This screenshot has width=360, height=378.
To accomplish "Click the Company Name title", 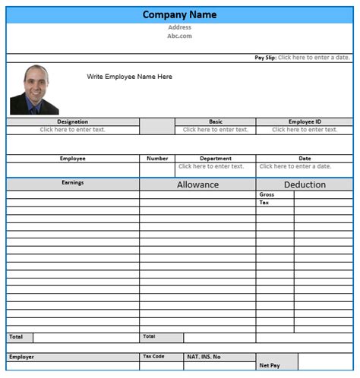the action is [179, 14].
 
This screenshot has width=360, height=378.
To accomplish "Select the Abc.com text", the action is [179, 36].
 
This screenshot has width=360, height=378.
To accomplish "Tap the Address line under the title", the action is [179, 27].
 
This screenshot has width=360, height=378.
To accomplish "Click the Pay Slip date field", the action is [313, 58].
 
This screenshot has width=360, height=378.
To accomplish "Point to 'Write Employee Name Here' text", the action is [129, 77].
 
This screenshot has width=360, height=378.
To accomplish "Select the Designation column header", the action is [72, 121].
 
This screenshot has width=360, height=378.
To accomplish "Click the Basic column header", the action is [216, 121].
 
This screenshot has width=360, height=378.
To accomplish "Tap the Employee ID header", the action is [305, 121].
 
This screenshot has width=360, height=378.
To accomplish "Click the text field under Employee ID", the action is [305, 130].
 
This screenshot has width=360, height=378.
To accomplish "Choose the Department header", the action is [216, 159].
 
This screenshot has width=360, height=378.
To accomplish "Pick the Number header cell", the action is [157, 159].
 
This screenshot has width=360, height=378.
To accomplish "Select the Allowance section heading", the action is [197, 184].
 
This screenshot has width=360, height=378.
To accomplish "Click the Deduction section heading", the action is [305, 184].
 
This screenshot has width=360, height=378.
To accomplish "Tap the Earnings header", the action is [72, 183].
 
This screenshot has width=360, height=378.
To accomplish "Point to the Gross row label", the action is [267, 194].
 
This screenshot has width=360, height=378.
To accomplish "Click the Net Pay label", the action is [270, 366].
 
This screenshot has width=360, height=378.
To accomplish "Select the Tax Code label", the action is [153, 356].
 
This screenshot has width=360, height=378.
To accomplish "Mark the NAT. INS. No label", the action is [204, 357].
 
